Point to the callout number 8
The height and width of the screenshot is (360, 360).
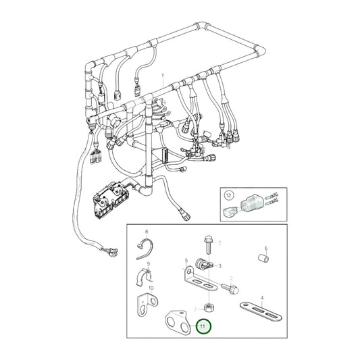[x=146, y=232]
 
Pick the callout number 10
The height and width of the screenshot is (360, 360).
[x=151, y=288]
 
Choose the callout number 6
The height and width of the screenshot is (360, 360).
[x=266, y=248]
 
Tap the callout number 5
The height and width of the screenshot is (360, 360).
[x=186, y=260]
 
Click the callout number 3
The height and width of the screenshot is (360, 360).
[x=221, y=267]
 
